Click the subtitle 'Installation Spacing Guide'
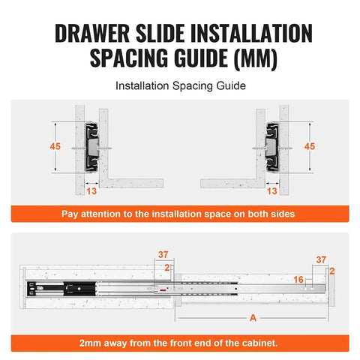(180, 86)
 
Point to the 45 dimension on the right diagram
(309, 146)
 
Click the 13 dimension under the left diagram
(91, 191)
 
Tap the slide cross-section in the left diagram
(92, 144)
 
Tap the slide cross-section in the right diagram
(268, 144)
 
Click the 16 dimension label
(298, 278)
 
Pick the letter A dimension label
(253, 318)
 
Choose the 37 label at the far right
(321, 259)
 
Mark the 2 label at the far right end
(331, 269)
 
